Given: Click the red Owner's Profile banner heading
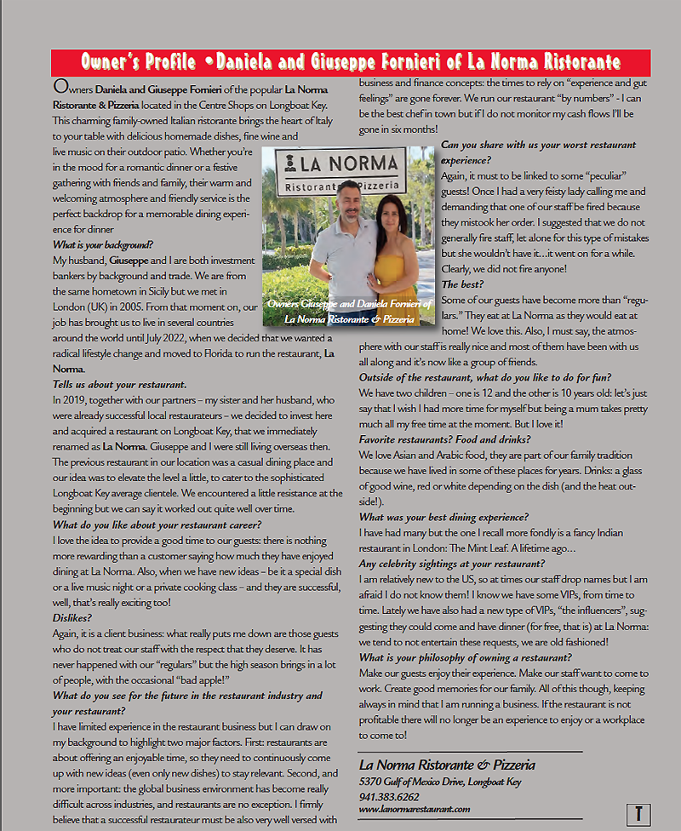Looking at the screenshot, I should (x=351, y=62).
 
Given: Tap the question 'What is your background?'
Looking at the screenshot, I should (x=103, y=244).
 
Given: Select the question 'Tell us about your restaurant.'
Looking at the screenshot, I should (x=119, y=385).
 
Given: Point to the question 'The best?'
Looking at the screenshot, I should (x=462, y=284).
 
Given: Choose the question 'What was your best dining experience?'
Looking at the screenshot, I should (x=444, y=517).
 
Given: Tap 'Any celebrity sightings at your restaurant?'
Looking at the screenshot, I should (x=451, y=564).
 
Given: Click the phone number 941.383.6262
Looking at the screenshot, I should (x=389, y=797).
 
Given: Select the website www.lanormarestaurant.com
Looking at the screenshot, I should (x=414, y=809).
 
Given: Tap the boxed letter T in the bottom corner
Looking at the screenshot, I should (x=638, y=813).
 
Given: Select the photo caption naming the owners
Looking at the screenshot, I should (x=349, y=311).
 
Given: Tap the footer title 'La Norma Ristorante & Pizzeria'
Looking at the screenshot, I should (x=447, y=765).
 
